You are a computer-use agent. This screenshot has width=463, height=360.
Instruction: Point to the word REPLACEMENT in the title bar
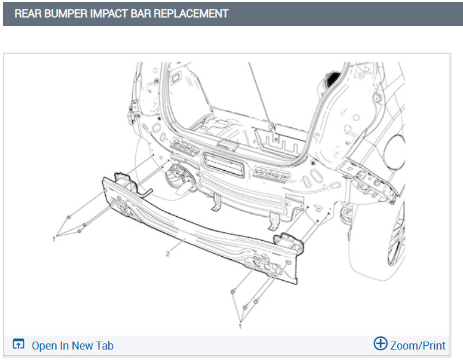tap(191, 14)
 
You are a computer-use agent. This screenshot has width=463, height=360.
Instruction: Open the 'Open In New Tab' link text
tap(73, 345)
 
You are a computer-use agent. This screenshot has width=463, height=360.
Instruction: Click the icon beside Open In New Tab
tap(18, 344)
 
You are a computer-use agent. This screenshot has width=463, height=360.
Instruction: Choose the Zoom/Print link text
tap(418, 345)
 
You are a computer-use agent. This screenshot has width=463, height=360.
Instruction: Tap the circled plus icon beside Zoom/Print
tap(381, 343)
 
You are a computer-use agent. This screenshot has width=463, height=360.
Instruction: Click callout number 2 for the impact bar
tap(168, 254)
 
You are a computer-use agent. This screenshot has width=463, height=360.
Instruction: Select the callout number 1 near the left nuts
tap(54, 239)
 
